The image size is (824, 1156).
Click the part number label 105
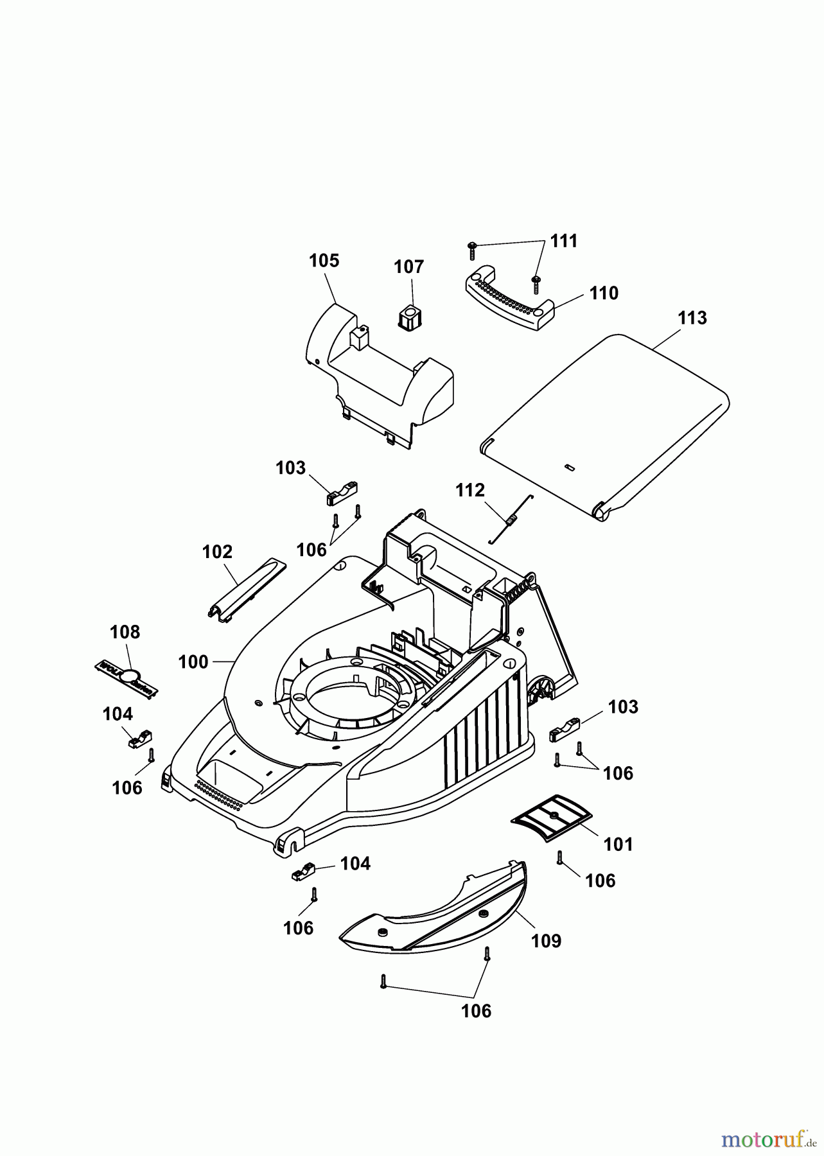point(324,261)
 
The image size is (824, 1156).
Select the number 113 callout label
point(692,318)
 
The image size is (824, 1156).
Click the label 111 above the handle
point(564,241)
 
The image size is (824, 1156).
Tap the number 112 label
point(470,491)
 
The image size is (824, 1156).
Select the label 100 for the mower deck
point(193,661)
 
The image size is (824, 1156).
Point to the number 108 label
point(125,632)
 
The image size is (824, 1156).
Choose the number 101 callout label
point(618,844)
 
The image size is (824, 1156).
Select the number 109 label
point(546,941)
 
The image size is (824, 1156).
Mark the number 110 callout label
point(603,293)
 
